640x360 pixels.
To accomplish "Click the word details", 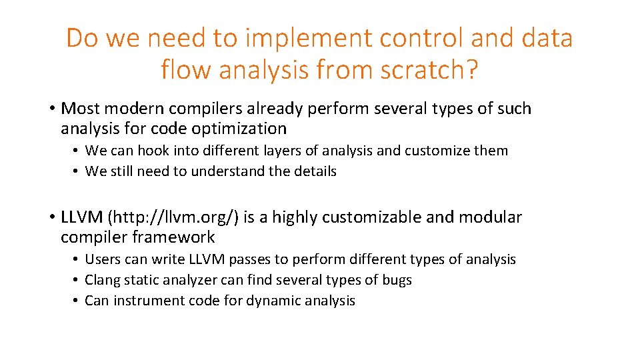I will [315, 171].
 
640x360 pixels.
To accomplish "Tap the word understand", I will [227, 171].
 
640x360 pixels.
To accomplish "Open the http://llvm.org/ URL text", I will [175, 217].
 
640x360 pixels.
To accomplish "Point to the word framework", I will [173, 237].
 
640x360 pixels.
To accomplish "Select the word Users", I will [101, 259].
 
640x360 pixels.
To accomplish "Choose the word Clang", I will [103, 280].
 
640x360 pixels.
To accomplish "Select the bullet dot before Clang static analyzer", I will [78, 280].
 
